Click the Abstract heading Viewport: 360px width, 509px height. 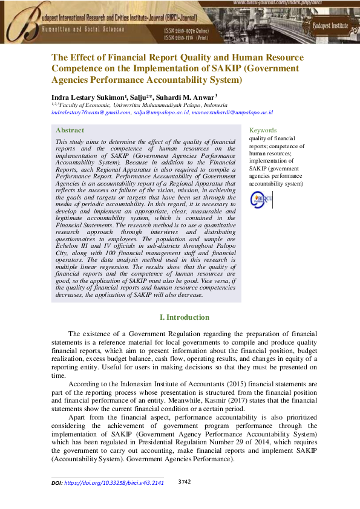(x=70, y=130)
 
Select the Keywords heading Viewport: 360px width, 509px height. (x=263, y=130)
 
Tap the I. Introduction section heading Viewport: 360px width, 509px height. (x=184, y=317)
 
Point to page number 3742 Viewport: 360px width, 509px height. (x=185, y=482)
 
